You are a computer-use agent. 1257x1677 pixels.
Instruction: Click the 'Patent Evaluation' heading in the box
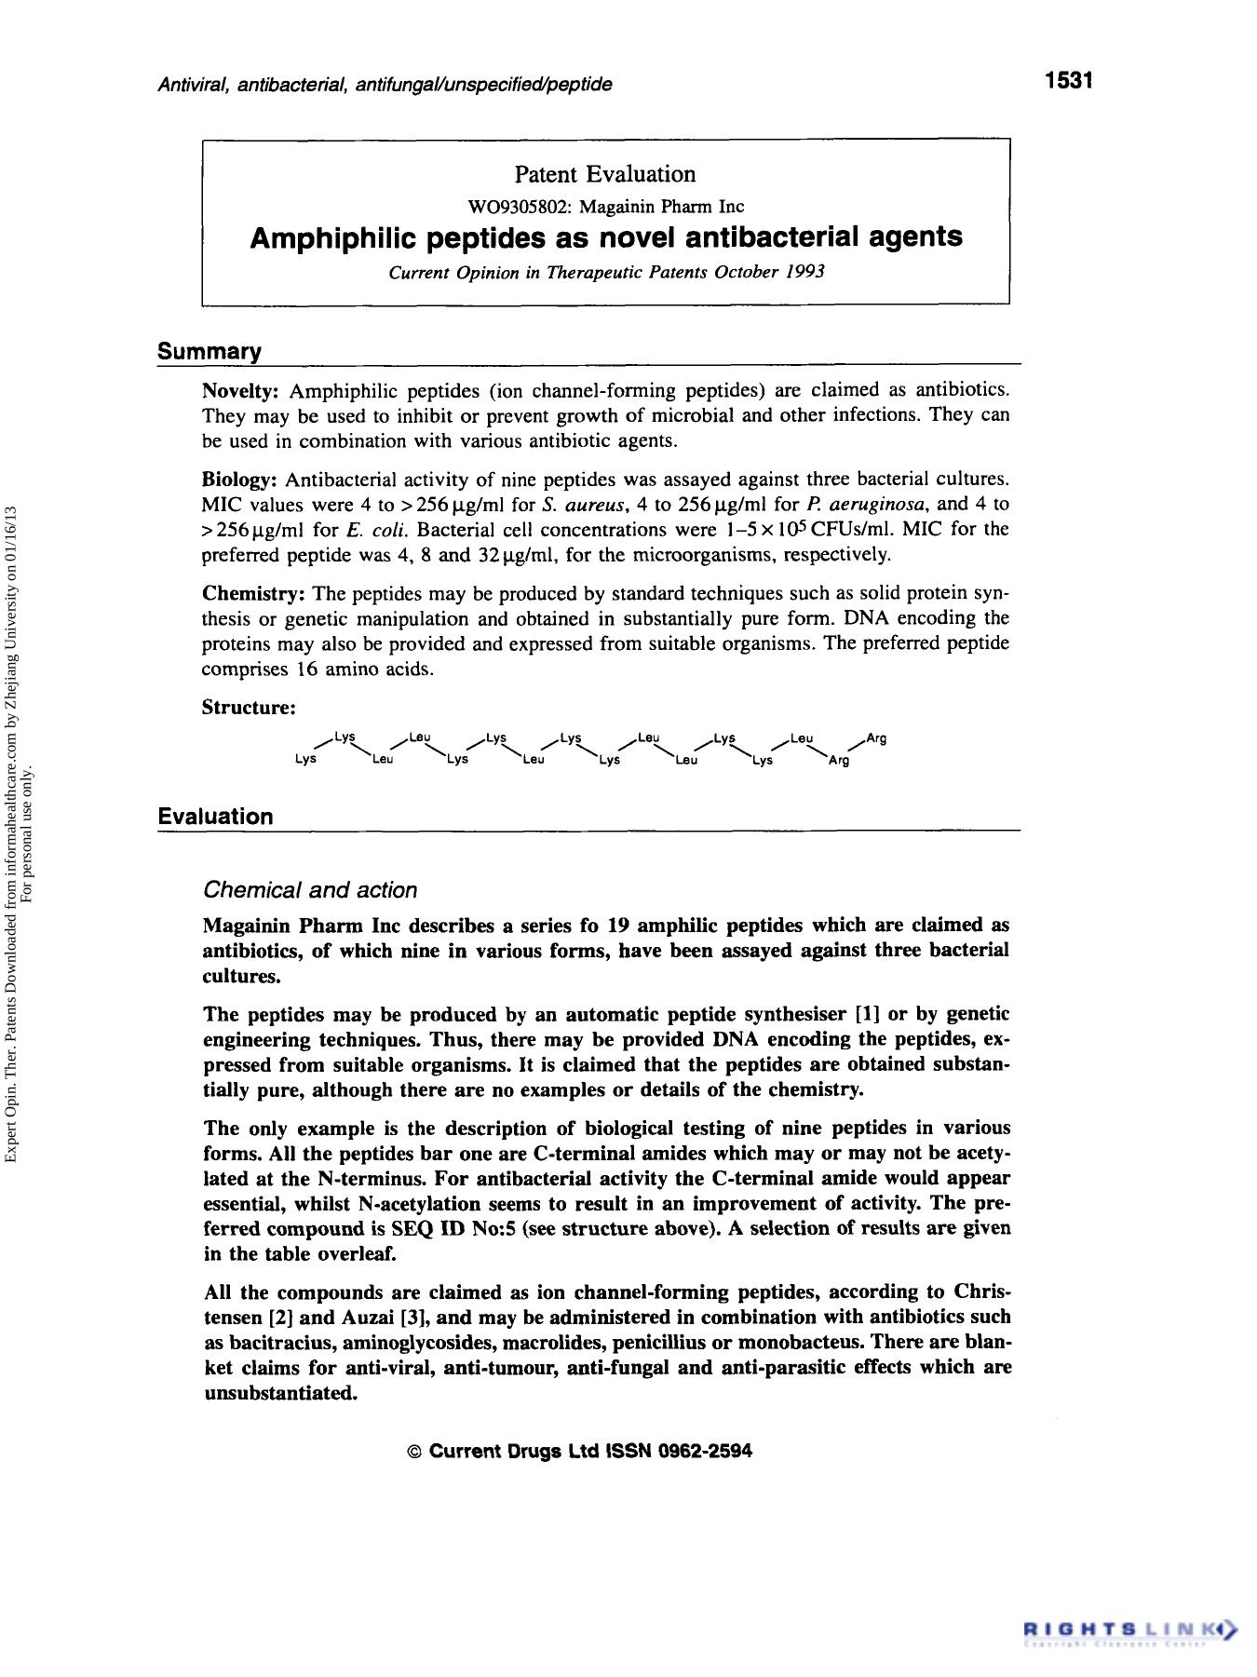605,174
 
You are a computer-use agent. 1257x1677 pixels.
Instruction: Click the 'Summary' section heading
209,352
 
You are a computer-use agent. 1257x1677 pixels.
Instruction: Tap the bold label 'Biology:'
240,480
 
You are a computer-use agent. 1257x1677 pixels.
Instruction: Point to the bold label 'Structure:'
249,708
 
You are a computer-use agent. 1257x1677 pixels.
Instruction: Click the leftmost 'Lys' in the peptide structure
305,760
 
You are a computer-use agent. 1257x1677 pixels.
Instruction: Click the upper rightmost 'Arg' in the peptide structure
876,739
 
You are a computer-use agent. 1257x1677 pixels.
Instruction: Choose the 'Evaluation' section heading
216,817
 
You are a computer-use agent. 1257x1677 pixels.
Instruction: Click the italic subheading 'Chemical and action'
310,890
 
